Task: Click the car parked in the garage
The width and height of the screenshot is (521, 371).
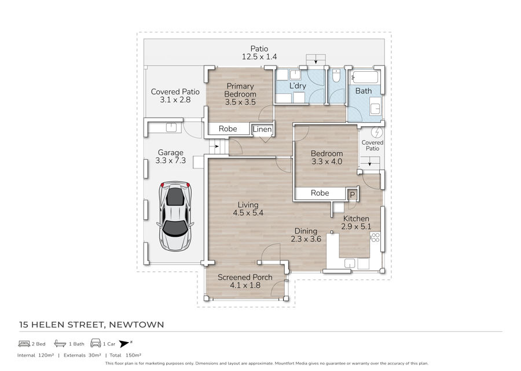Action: tap(175, 216)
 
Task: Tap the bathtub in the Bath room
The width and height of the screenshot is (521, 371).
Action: tap(365, 77)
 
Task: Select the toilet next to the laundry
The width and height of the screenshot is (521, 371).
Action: tap(336, 76)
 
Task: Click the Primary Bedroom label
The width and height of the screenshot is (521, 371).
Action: tap(240, 90)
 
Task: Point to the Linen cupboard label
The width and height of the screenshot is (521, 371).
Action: tap(262, 129)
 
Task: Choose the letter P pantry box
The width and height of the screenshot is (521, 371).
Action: tap(352, 195)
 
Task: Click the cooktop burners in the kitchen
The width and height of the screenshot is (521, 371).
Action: tap(375, 237)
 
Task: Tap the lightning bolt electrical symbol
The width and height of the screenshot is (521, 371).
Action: tap(377, 132)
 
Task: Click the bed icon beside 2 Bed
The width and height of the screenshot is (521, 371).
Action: tap(24, 344)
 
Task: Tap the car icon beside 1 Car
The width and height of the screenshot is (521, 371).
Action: tap(96, 343)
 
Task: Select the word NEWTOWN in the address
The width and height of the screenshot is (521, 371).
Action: tap(137, 325)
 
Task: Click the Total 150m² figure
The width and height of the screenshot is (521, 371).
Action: tap(126, 355)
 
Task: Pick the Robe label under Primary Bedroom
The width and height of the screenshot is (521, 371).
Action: tap(228, 129)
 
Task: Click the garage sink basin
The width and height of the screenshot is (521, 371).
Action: tap(171, 127)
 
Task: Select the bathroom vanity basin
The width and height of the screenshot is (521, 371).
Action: tap(375, 109)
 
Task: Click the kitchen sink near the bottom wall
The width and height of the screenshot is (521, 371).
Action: tap(350, 263)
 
